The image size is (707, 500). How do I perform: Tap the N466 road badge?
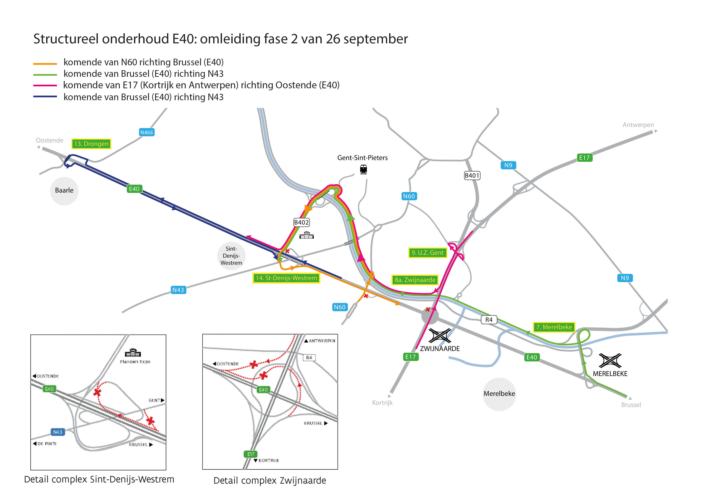point(147,132)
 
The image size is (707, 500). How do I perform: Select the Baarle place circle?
point(64,191)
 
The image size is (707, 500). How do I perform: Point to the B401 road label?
point(472,176)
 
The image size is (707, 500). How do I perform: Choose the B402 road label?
point(302,222)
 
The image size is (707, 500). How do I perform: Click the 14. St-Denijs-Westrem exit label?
point(286,278)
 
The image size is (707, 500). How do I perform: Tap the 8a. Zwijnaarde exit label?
point(415,280)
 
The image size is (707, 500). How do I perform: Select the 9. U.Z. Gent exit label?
point(428,253)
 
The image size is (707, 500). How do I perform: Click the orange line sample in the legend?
point(45,64)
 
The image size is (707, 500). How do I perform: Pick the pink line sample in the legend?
point(45,85)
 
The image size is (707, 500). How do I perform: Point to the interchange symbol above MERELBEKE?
point(610,361)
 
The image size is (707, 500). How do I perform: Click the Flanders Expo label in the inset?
point(135,362)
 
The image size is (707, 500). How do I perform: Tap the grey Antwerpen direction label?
point(638,125)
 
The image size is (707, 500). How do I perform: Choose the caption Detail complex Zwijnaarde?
point(270,481)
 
